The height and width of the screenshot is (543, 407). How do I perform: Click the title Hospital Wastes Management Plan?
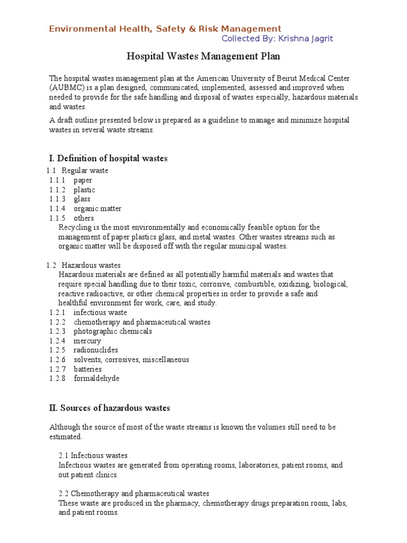point(203,56)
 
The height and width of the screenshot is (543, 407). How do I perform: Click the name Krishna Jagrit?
point(308,39)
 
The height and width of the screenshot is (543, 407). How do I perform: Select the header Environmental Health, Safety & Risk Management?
point(165,29)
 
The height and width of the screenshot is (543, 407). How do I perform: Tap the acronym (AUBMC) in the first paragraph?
point(66,87)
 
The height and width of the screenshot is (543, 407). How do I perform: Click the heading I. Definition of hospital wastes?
point(108,158)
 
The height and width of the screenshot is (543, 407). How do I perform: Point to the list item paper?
point(83,180)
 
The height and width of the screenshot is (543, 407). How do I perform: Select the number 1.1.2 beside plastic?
point(57,190)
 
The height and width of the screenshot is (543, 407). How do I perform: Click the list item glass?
point(82,199)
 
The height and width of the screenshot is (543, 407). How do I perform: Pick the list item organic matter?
point(98,209)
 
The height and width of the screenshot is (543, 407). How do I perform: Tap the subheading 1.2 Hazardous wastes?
point(91,265)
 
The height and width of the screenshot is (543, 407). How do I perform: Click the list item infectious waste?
point(100,312)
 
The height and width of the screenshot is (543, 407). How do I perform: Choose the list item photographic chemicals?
point(113,331)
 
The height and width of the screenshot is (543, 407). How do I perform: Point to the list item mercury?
point(87,341)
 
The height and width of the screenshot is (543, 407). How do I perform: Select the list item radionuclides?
point(96,351)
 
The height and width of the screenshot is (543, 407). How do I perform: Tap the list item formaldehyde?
point(96,379)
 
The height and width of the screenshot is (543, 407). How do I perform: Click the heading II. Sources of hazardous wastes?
point(110,408)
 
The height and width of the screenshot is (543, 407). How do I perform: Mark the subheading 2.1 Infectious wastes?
point(93,456)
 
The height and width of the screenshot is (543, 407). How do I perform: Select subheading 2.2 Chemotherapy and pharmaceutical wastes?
point(134,494)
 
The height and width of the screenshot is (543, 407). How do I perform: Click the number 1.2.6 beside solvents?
point(57,360)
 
